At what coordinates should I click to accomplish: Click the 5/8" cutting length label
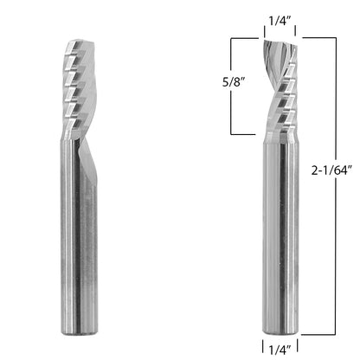[234, 83]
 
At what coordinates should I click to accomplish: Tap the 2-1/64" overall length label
[331, 170]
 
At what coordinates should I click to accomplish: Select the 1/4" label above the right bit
[280, 21]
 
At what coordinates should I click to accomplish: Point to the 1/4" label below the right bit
[280, 350]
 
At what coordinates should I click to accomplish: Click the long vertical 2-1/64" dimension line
[336, 186]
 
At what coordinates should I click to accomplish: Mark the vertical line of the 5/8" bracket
[231, 86]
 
